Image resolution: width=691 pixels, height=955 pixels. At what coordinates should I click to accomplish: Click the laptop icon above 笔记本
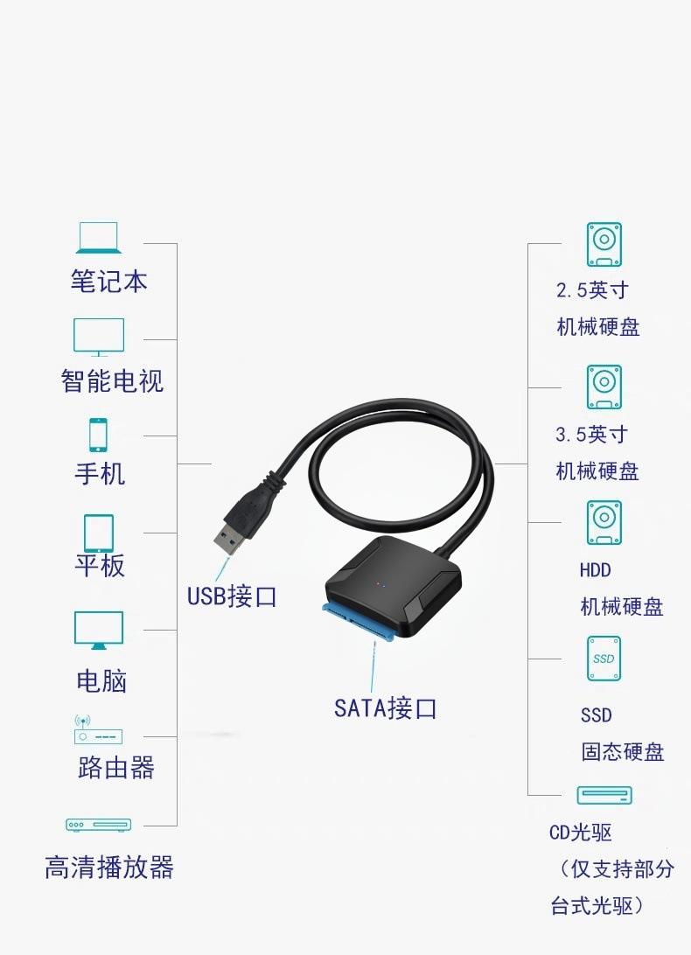click(99, 238)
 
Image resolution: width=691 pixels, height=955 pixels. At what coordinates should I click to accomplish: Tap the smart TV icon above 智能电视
click(99, 337)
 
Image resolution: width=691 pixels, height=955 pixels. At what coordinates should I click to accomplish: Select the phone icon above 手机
click(98, 435)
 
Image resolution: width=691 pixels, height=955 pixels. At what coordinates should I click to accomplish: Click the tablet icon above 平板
click(99, 533)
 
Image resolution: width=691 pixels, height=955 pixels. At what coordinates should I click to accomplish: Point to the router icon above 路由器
click(98, 729)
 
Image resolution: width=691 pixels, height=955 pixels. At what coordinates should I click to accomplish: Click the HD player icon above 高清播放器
click(99, 825)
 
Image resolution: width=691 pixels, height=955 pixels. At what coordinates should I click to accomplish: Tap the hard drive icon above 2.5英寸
click(604, 244)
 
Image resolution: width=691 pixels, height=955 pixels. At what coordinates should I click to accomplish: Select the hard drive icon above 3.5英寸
click(604, 387)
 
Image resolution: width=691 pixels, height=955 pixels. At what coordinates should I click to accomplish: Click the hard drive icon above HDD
click(604, 523)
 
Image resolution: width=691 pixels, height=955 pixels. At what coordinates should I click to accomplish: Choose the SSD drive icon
click(604, 659)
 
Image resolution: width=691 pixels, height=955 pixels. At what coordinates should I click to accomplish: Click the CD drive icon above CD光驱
click(604, 795)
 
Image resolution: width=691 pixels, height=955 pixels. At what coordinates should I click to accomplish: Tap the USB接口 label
click(232, 596)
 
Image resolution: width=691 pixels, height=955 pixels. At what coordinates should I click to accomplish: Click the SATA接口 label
click(385, 708)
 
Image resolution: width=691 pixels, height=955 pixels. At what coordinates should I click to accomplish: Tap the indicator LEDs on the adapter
click(380, 585)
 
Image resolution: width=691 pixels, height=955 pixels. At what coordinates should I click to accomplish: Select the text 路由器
click(115, 768)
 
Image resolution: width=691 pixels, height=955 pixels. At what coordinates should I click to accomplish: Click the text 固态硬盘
click(622, 751)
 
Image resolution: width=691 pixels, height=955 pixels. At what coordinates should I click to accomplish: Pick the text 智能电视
click(112, 381)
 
